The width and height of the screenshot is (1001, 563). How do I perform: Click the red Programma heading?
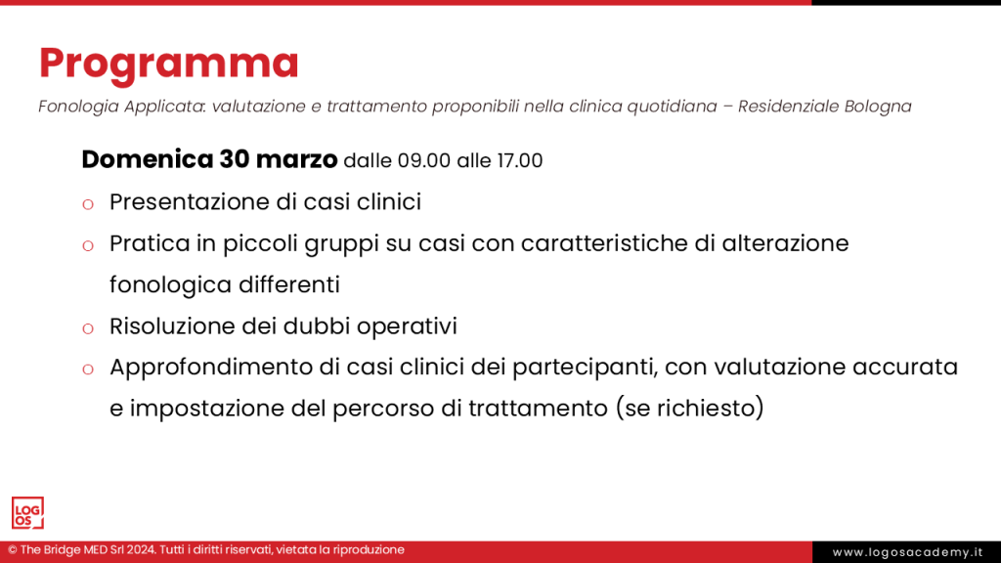[x=168, y=63]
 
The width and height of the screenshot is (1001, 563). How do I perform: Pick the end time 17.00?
[x=518, y=160]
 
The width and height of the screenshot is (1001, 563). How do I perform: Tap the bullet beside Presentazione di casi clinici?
[x=87, y=204]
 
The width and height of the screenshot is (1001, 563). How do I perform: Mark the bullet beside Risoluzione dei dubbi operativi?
[x=87, y=327]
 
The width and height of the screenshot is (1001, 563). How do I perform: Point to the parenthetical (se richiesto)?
[x=689, y=409]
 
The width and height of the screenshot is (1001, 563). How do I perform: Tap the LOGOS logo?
[x=27, y=513]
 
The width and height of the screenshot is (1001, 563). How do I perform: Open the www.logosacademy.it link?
[x=906, y=552]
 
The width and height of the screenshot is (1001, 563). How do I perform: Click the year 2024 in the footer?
[x=138, y=550]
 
